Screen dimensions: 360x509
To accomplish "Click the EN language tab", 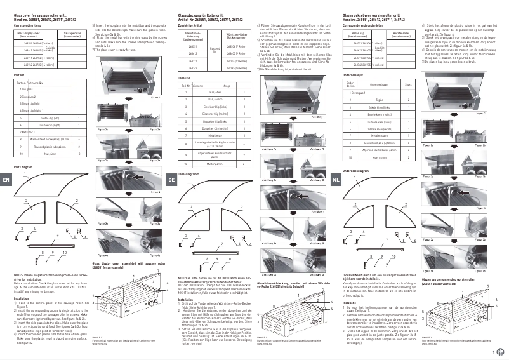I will point(6,180).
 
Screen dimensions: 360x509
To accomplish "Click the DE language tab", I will point(171,180).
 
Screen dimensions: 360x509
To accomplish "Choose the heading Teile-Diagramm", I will point(189,173).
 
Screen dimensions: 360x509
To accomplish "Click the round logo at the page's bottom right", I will point(499,352).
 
